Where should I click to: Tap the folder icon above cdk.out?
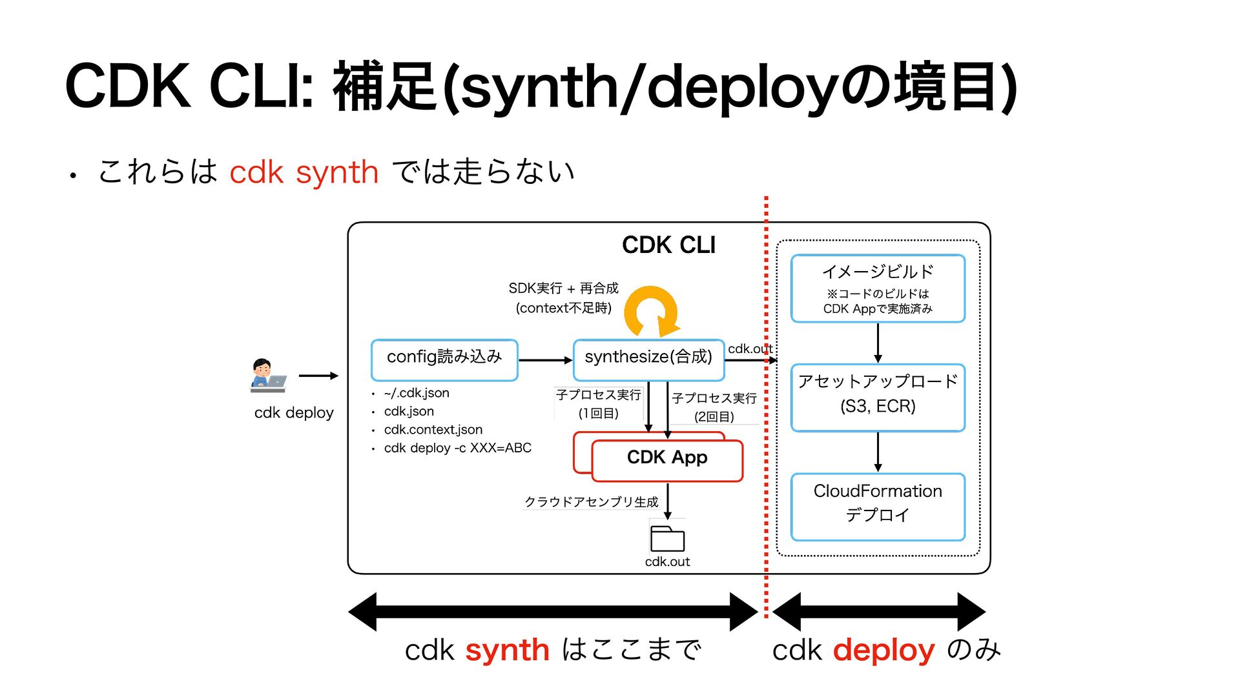(x=667, y=538)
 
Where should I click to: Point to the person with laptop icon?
(x=267, y=376)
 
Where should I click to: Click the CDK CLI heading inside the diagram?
(x=668, y=245)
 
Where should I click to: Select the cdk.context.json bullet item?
(x=433, y=430)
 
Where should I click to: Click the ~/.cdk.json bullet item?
(x=417, y=393)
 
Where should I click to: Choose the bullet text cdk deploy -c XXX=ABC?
(x=457, y=448)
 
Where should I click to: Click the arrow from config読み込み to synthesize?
(x=546, y=360)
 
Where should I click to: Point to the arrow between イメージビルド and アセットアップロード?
(x=878, y=343)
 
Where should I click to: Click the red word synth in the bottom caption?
(x=508, y=651)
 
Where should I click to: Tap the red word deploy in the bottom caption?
(x=884, y=651)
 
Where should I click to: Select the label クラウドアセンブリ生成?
(x=591, y=502)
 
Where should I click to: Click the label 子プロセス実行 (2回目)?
(x=714, y=407)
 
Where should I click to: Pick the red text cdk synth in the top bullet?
(x=304, y=172)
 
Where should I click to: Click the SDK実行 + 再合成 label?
(x=563, y=288)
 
